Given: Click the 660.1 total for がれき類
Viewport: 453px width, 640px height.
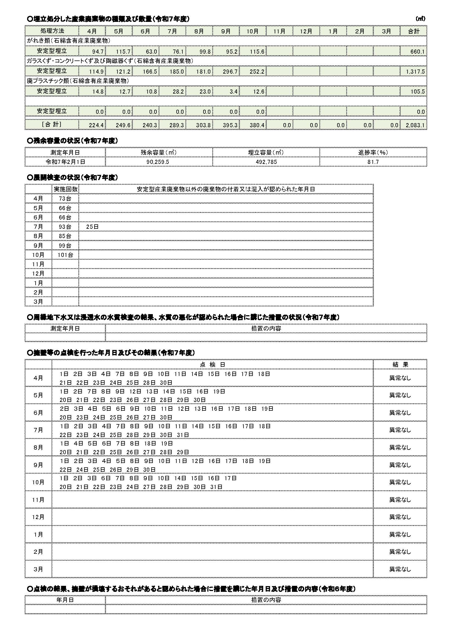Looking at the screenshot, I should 417,52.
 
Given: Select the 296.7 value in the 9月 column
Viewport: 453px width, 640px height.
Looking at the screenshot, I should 230,72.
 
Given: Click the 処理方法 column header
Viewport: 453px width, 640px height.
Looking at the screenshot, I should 52,31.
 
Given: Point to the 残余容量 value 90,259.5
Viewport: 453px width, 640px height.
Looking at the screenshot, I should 158,162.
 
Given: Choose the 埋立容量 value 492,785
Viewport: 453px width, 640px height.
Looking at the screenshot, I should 266,162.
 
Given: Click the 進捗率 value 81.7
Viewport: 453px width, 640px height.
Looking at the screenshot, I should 373,162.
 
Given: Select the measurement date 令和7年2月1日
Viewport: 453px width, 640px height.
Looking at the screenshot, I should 65,162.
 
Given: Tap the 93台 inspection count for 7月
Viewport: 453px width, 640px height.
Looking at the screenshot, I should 65,227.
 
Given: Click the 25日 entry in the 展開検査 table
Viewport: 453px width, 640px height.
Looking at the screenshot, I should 92,227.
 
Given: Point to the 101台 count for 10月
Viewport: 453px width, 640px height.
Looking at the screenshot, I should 65,255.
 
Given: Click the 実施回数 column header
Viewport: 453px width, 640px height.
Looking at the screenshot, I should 65,189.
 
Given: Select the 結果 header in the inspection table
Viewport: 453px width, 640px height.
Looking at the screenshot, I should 400,364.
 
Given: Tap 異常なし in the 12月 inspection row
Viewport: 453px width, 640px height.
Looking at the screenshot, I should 400,517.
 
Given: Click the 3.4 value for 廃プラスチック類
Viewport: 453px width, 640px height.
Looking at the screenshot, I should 233,92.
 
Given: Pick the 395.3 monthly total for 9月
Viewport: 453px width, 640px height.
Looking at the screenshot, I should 230,125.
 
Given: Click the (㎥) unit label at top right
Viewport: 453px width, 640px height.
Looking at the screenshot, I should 420,19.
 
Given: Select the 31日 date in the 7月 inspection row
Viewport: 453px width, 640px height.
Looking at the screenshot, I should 183,435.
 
